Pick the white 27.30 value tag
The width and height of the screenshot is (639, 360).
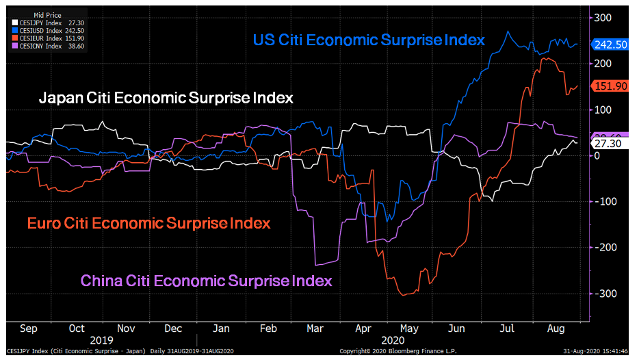pos(608,145)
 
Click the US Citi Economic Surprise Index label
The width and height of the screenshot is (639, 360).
pos(369,40)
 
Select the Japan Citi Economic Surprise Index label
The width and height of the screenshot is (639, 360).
pos(166,98)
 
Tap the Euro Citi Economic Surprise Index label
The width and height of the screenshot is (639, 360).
pos(148,223)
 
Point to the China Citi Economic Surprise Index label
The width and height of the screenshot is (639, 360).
pos(206,281)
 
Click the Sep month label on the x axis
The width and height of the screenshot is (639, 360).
pos(29,329)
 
